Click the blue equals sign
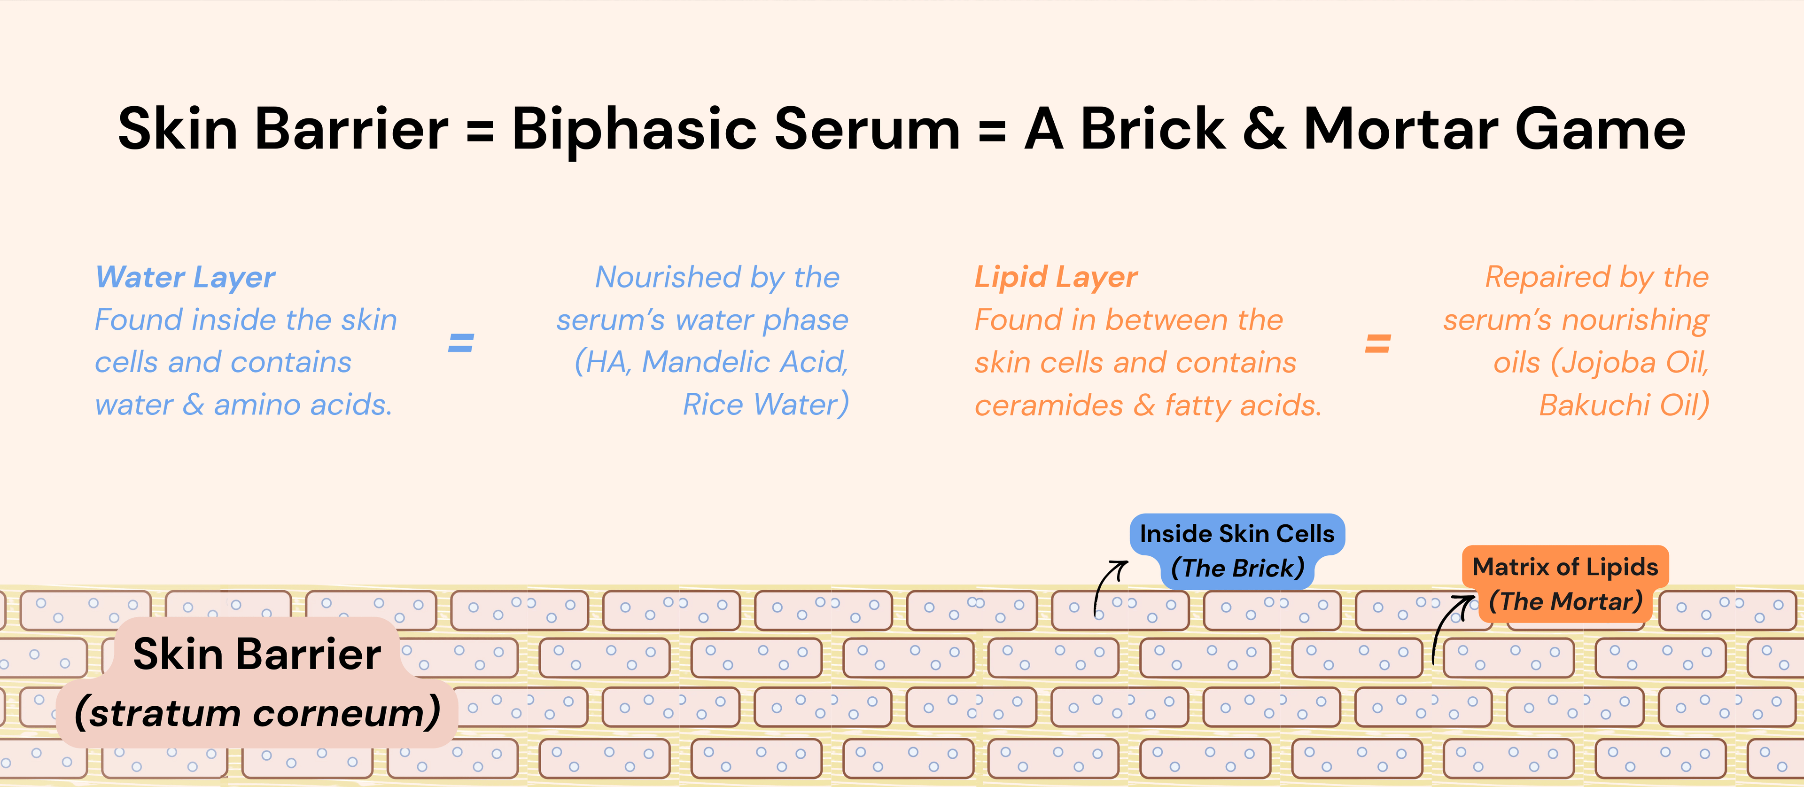pos(461,343)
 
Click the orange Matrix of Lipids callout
pos(1565,584)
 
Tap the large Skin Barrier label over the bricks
pos(257,654)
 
